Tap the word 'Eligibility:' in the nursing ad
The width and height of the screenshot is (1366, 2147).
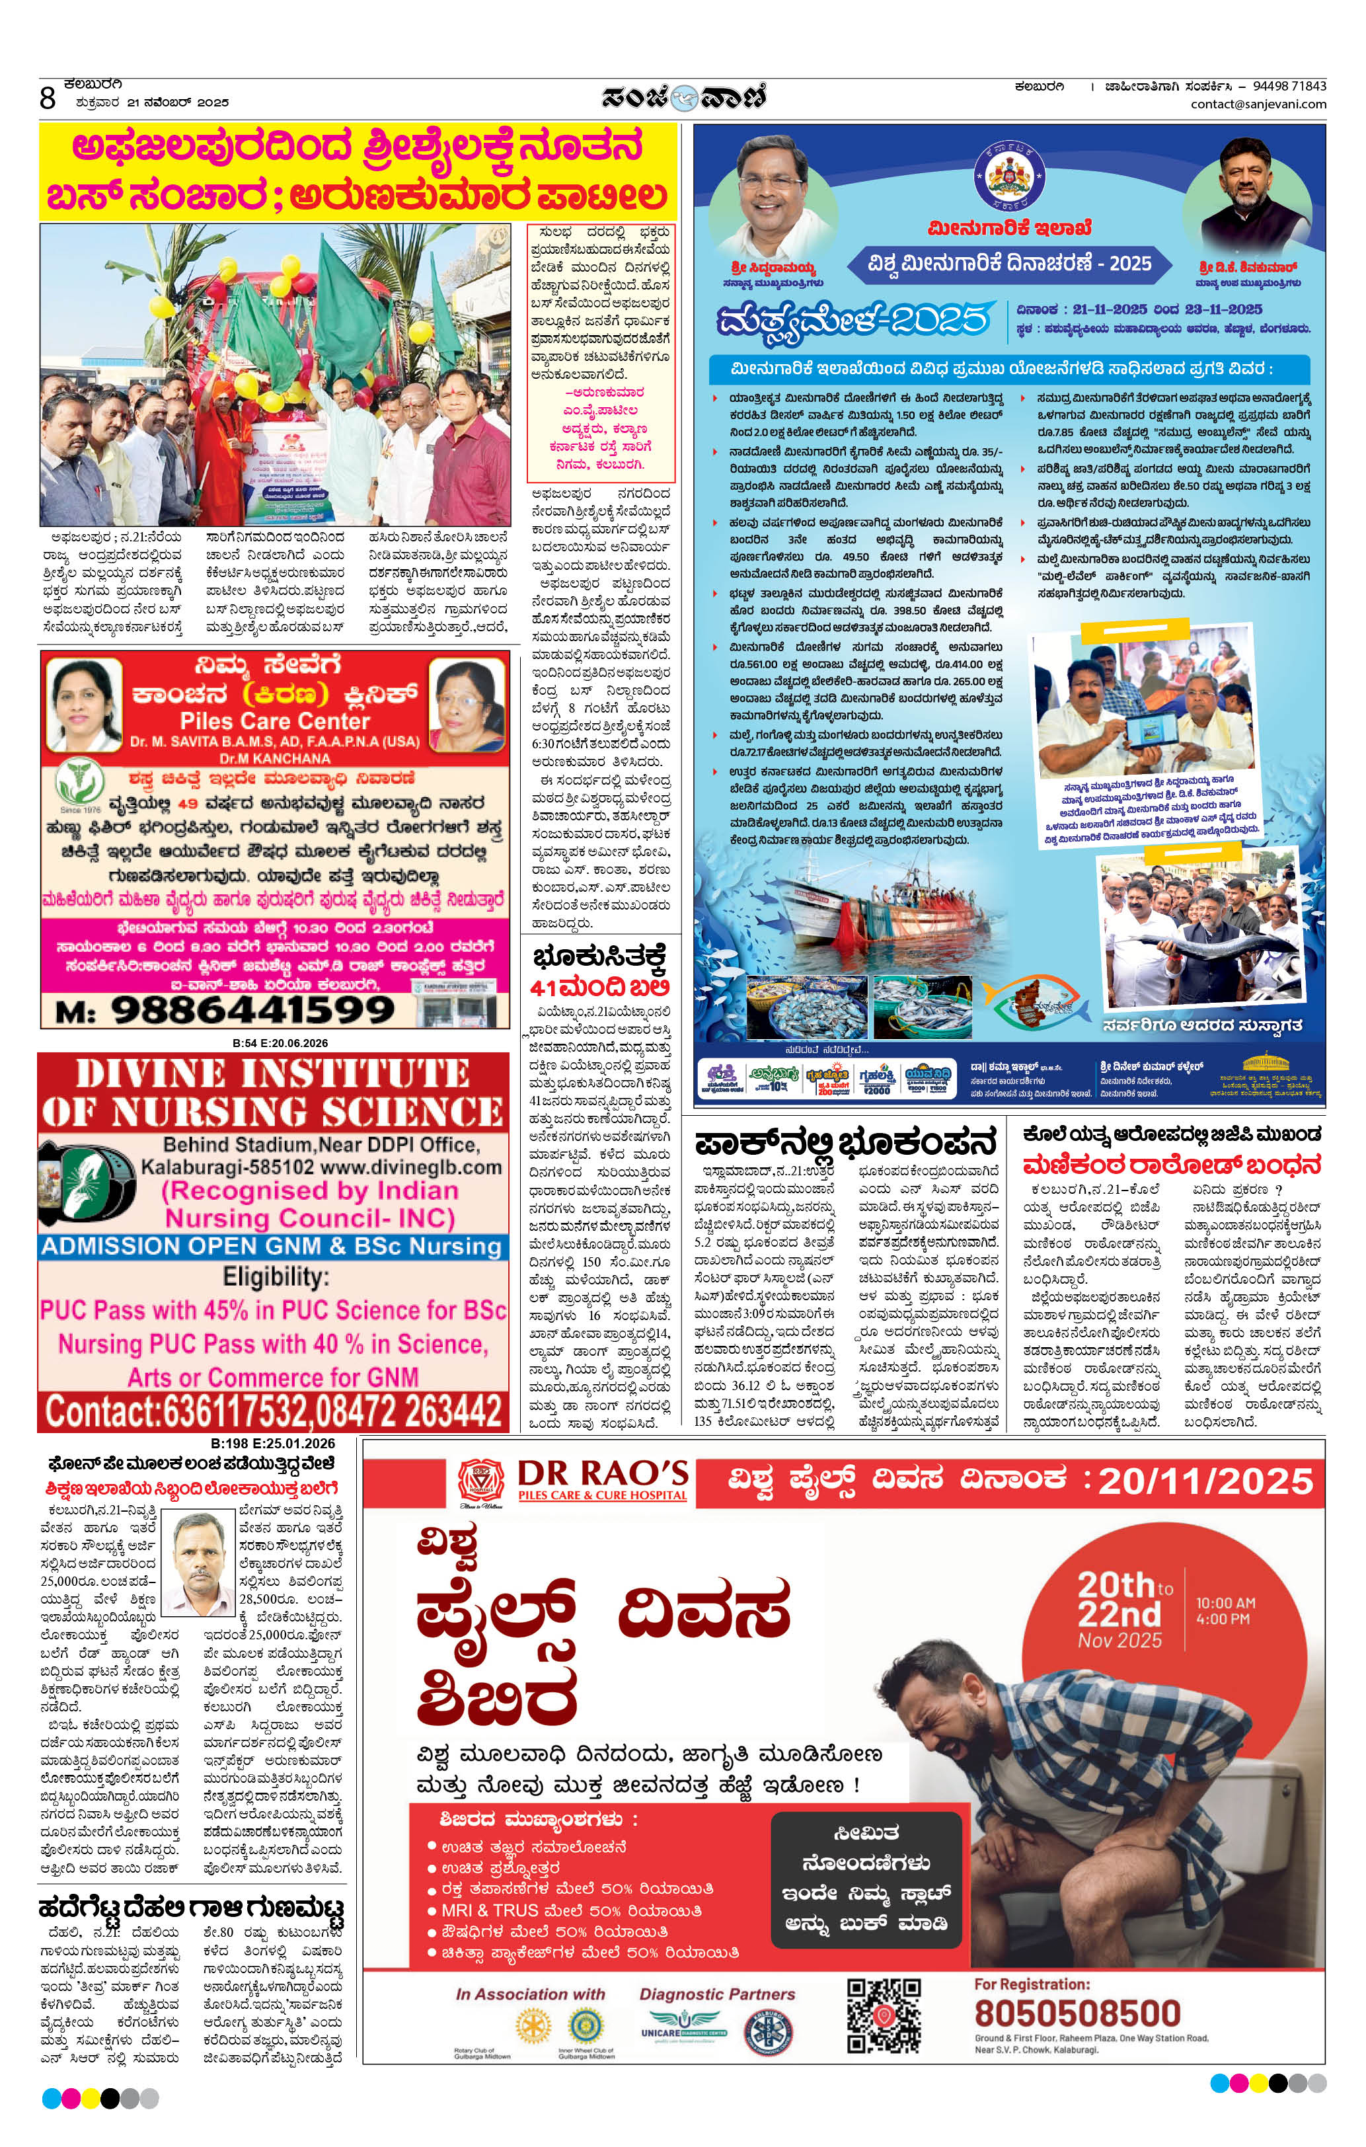click(275, 1277)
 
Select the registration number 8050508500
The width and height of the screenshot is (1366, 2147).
click(1077, 2013)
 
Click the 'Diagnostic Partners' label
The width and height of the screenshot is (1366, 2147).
click(717, 1994)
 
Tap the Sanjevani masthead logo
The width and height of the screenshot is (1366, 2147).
click(683, 97)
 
